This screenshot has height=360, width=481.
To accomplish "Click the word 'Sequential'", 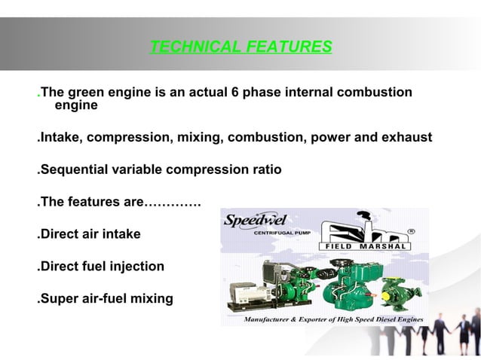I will [x=75, y=170].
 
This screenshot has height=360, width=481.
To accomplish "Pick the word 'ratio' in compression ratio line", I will [x=265, y=170].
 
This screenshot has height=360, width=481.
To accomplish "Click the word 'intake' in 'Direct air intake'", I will [x=121, y=234].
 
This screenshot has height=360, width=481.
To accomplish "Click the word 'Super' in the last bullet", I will [x=58, y=299].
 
